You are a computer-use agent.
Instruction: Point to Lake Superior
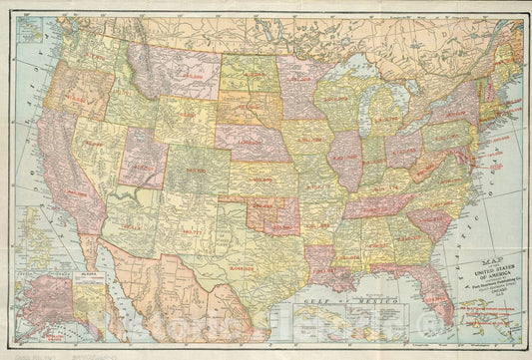344,76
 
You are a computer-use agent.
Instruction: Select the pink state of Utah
143,157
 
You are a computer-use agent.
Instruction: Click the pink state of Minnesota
297,80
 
